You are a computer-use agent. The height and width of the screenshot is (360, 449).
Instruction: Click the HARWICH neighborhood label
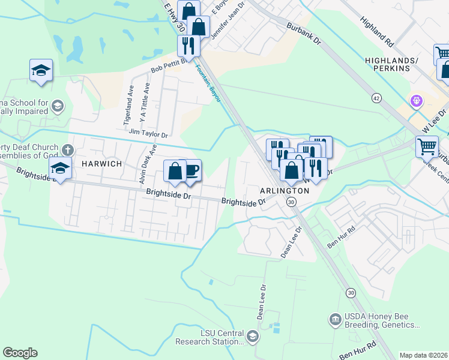(x=98, y=164)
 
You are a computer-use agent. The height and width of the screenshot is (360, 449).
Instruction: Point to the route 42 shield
(x=376, y=97)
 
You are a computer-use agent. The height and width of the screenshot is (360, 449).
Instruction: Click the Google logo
(x=20, y=352)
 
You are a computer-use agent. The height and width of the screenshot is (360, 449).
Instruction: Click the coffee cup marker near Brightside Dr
(x=190, y=170)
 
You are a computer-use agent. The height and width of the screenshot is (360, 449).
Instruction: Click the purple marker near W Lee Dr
(x=415, y=100)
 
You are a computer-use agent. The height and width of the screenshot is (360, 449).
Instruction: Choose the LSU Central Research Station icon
(x=252, y=336)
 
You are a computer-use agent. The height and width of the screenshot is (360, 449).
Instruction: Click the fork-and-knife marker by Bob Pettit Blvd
(x=188, y=45)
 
